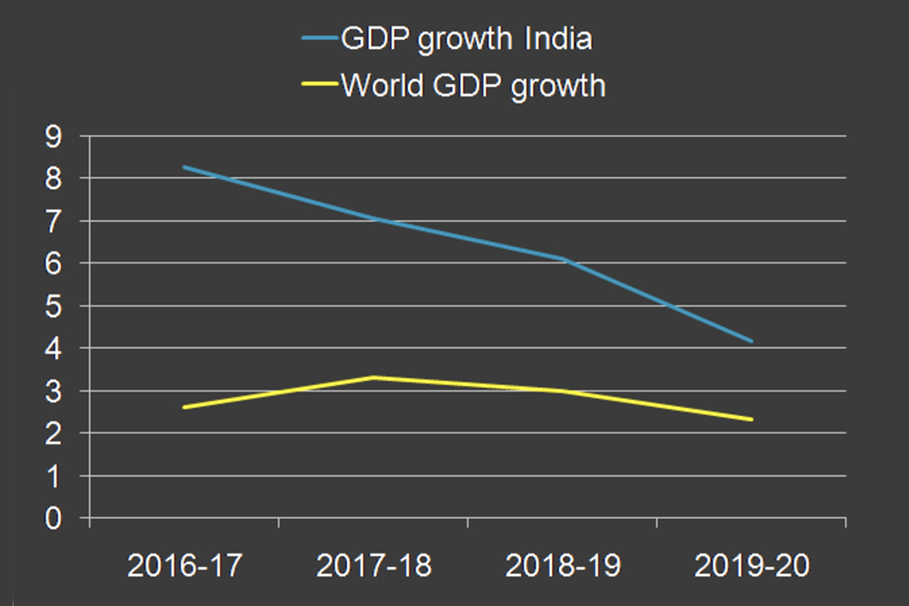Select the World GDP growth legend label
[473, 85]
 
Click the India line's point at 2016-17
[185, 167]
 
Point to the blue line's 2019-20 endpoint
[752, 342]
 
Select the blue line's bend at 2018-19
[563, 259]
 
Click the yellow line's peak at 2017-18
[374, 377]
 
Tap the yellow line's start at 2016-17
[185, 407]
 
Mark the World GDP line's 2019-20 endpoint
[752, 420]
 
